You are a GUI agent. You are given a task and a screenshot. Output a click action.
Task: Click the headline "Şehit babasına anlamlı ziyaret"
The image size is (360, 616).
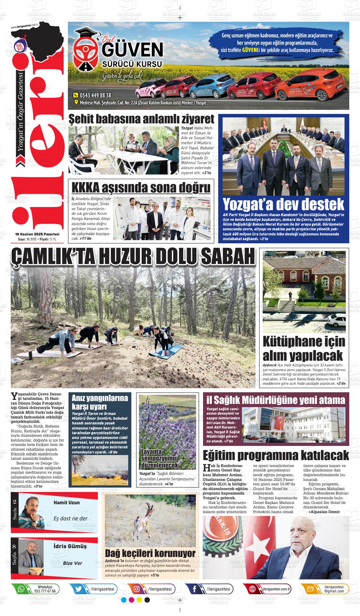click(141, 119)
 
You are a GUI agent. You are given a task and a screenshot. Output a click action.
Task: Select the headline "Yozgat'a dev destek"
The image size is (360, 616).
click(283, 204)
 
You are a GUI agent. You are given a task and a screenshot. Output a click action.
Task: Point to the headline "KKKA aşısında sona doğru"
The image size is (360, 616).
click(141, 188)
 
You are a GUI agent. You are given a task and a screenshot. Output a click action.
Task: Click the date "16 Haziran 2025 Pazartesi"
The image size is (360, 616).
click(37, 234)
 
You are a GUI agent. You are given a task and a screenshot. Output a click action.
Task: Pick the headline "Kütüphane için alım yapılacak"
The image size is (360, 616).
click(304, 348)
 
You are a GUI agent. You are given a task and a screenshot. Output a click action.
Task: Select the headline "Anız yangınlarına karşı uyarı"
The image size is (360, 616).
click(100, 402)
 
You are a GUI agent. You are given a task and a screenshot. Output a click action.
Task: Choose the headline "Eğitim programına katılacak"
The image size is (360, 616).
click(276, 455)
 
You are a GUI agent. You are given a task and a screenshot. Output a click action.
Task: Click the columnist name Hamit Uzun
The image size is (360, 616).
click(67, 502)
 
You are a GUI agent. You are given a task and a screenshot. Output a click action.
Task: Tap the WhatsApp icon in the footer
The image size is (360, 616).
click(21, 589)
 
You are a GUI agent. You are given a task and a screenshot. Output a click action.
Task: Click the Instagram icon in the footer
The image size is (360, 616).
click(137, 589)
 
